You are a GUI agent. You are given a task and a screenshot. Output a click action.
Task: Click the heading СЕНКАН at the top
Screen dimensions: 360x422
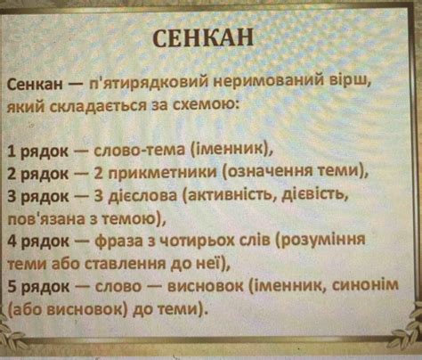pos(204,39)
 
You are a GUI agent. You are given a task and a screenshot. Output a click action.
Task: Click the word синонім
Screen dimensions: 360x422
pos(372,287)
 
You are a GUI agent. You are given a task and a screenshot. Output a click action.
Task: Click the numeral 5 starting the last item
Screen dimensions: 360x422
pos(11,287)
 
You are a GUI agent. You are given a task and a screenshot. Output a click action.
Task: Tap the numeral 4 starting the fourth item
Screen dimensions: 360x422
pos(11,241)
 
